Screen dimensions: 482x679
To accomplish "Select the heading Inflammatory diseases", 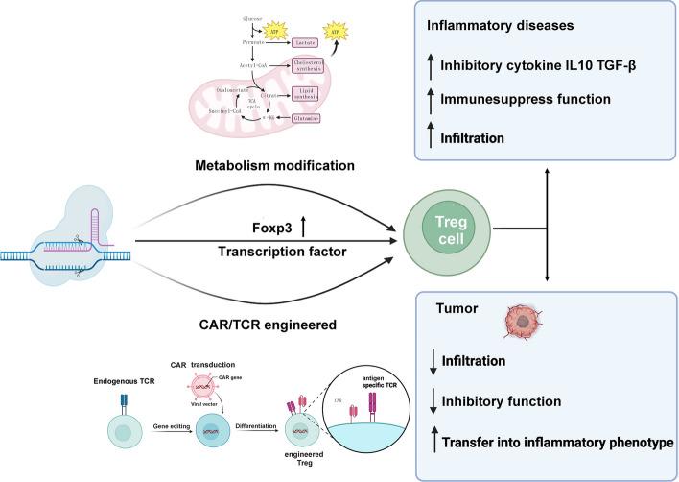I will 499,27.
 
